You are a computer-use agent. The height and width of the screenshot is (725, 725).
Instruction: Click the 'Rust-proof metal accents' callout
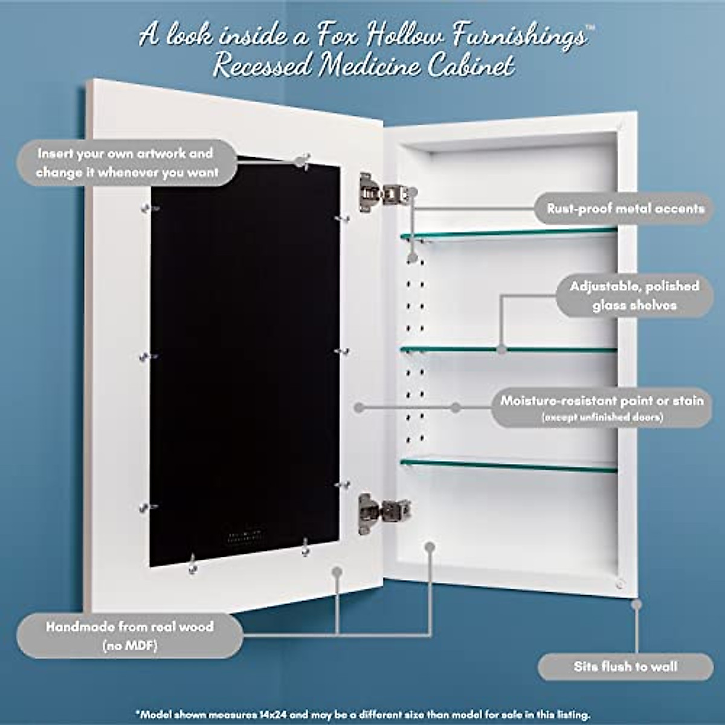(625, 209)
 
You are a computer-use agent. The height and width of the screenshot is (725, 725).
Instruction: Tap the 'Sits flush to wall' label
(625, 667)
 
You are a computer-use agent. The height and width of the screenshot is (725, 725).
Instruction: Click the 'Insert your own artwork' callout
(126, 163)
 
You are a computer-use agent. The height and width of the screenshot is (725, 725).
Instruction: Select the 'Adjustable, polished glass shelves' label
(634, 295)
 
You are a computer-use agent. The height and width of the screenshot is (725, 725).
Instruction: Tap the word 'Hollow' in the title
(411, 36)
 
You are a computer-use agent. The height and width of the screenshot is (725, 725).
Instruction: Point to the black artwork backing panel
(245, 362)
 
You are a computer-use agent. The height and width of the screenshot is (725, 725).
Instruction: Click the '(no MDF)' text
(129, 646)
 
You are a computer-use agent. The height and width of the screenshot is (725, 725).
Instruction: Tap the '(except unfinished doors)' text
(602, 417)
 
